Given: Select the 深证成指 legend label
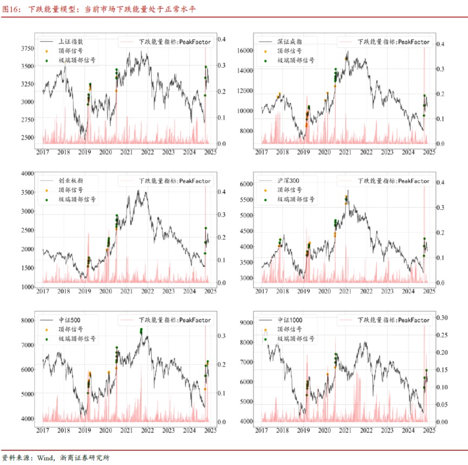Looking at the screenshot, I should tap(290, 42).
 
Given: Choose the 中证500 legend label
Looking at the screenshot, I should tap(70, 320).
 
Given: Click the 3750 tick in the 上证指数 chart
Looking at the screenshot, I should tap(27, 49).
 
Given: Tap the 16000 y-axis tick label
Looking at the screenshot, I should tap(244, 50).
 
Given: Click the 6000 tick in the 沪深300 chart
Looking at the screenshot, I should tap(246, 185).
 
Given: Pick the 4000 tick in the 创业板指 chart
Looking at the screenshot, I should tap(27, 173).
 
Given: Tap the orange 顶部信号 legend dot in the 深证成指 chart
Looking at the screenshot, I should tap(265, 51).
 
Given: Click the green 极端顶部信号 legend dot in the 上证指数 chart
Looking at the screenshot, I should tap(47, 61).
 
